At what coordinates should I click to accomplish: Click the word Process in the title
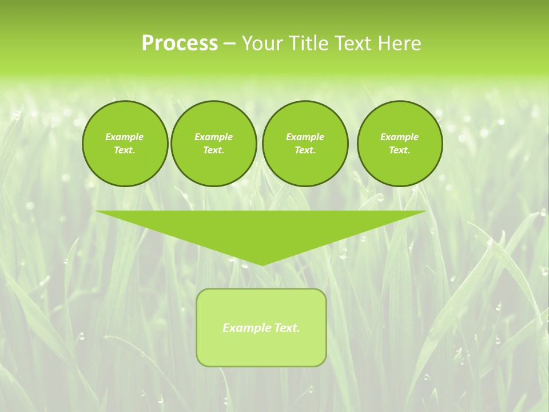180,43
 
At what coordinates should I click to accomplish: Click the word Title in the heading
312,43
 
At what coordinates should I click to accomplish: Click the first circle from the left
125,144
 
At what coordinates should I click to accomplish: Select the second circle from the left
213,144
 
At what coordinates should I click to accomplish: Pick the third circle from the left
305,144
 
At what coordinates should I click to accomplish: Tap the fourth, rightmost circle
399,144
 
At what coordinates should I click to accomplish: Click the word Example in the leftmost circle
125,137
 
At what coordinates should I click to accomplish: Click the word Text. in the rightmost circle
399,150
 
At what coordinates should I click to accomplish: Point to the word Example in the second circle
213,137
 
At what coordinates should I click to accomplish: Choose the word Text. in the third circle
305,150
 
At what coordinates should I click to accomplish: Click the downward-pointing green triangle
261,229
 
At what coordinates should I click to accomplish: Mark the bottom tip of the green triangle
261,264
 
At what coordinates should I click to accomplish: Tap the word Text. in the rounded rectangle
286,328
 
